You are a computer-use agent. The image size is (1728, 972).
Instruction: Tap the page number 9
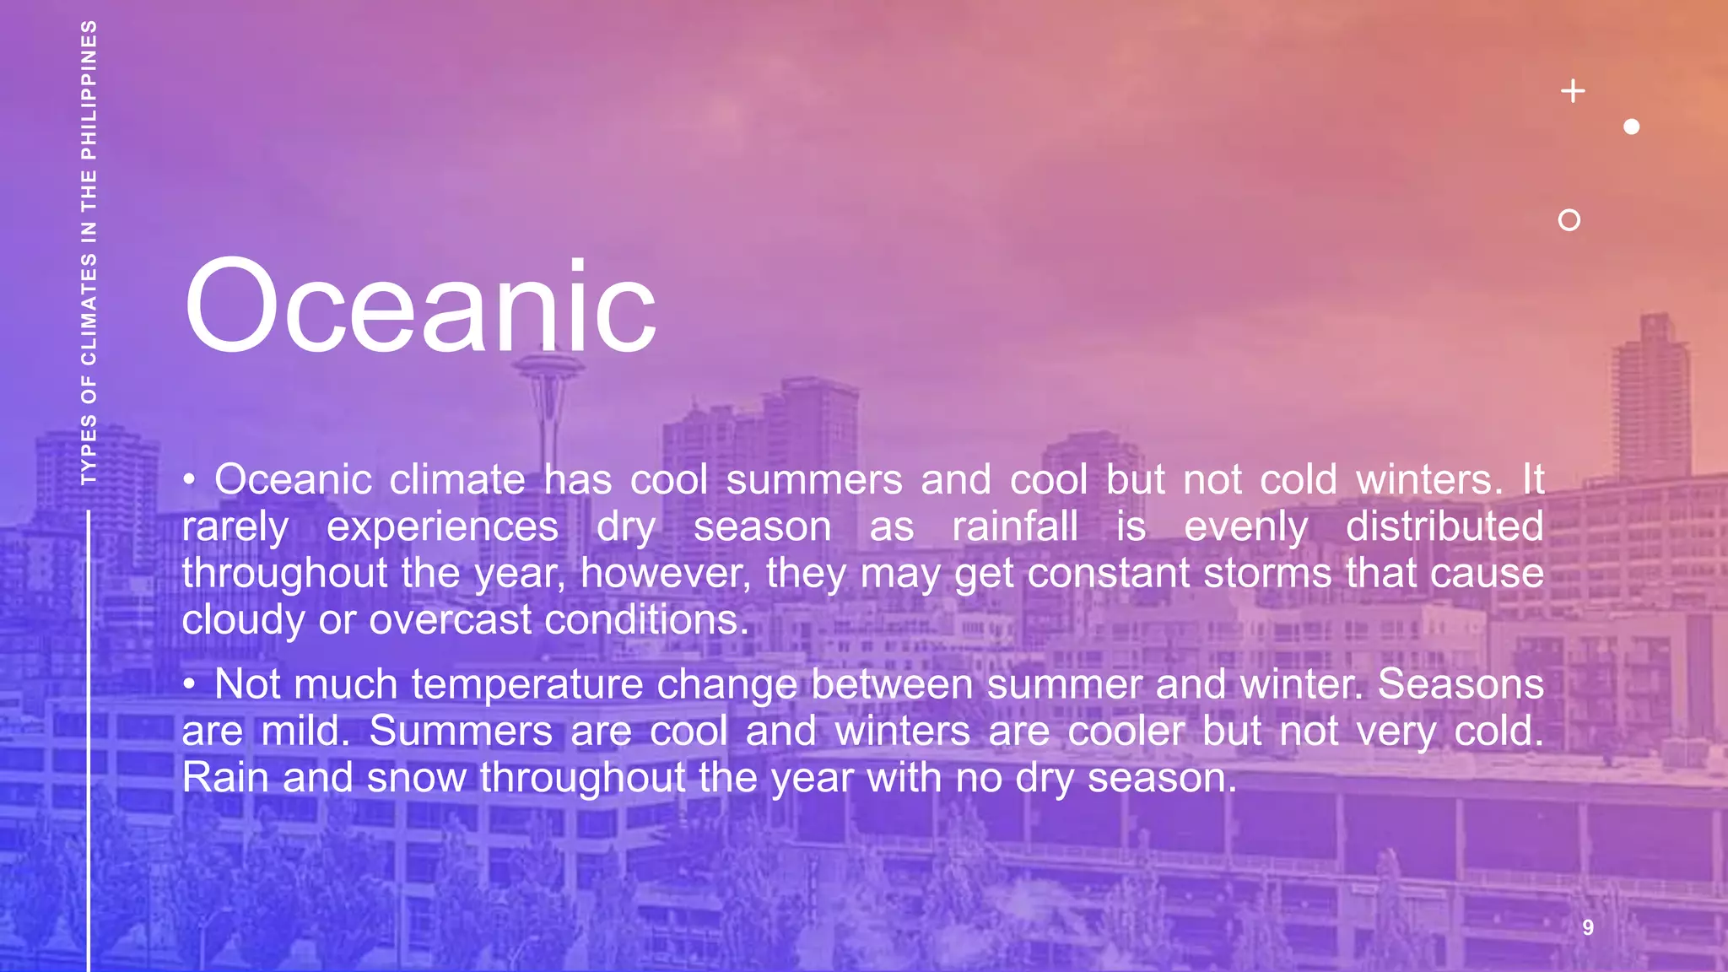pos(1588,927)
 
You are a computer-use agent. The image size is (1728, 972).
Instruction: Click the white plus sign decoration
pos(1573,90)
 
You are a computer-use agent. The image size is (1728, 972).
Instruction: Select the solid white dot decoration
pos(1632,127)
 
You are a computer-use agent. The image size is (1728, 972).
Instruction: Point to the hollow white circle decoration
pos(1569,220)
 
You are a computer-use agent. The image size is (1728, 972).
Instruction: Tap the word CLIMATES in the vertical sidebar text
pos(89,309)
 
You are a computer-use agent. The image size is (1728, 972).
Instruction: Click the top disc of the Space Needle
pos(550,367)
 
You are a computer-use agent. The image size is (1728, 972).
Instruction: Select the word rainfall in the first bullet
pos(1015,526)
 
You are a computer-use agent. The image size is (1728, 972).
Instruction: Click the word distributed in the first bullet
pos(1444,526)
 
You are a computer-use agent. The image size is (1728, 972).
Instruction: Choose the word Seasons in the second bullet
pos(1461,683)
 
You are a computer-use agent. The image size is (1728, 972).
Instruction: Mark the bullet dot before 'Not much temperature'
pos(191,683)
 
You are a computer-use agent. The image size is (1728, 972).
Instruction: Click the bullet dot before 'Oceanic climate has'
pos(191,480)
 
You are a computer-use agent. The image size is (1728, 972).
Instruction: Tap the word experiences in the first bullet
pos(442,526)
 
